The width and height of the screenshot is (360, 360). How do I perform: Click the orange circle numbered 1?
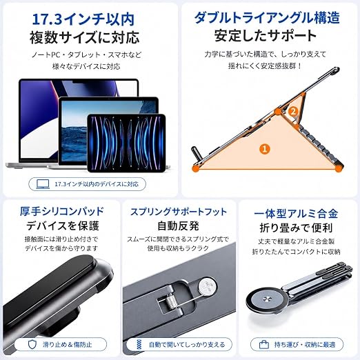tap(265, 149)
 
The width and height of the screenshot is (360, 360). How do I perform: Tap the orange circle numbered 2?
tap(293, 112)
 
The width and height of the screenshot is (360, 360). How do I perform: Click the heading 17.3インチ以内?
tap(83, 19)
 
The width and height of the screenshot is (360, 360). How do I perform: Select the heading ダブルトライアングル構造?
tap(267, 18)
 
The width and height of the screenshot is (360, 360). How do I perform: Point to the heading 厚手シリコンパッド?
tap(62, 211)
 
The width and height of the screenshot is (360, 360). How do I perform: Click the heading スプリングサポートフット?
tap(179, 212)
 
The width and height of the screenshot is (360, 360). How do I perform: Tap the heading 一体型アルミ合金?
tap(296, 214)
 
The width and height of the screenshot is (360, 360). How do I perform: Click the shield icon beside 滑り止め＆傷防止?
tap(32, 344)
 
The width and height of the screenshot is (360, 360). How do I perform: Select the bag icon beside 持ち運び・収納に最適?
tap(264, 345)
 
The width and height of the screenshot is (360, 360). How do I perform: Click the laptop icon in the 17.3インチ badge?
tap(43, 184)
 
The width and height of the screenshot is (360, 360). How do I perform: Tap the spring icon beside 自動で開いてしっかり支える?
tap(139, 344)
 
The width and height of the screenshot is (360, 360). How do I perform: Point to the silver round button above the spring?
tap(208, 286)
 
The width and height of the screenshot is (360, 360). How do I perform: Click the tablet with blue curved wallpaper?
tap(126, 143)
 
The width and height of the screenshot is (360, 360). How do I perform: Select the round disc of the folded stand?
tap(266, 299)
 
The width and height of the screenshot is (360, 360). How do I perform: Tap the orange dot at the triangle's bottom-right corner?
tap(337, 169)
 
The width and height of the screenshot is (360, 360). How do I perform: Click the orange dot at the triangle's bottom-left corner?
tap(196, 168)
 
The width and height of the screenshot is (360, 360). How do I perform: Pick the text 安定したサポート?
tap(266, 36)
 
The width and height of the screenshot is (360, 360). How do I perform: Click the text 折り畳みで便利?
tap(296, 228)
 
